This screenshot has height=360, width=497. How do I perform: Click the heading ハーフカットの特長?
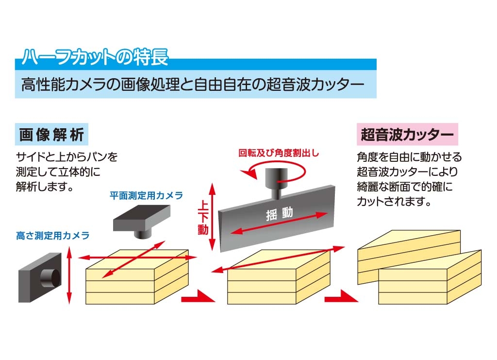[95, 56]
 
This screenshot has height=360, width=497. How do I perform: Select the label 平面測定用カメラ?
[146, 195]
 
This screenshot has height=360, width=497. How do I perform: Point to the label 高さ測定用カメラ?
[52, 236]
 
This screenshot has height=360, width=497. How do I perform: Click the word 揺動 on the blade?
[280, 214]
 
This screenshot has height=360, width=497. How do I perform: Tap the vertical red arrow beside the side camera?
[69, 275]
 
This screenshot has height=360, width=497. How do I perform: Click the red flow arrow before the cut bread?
[342, 296]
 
